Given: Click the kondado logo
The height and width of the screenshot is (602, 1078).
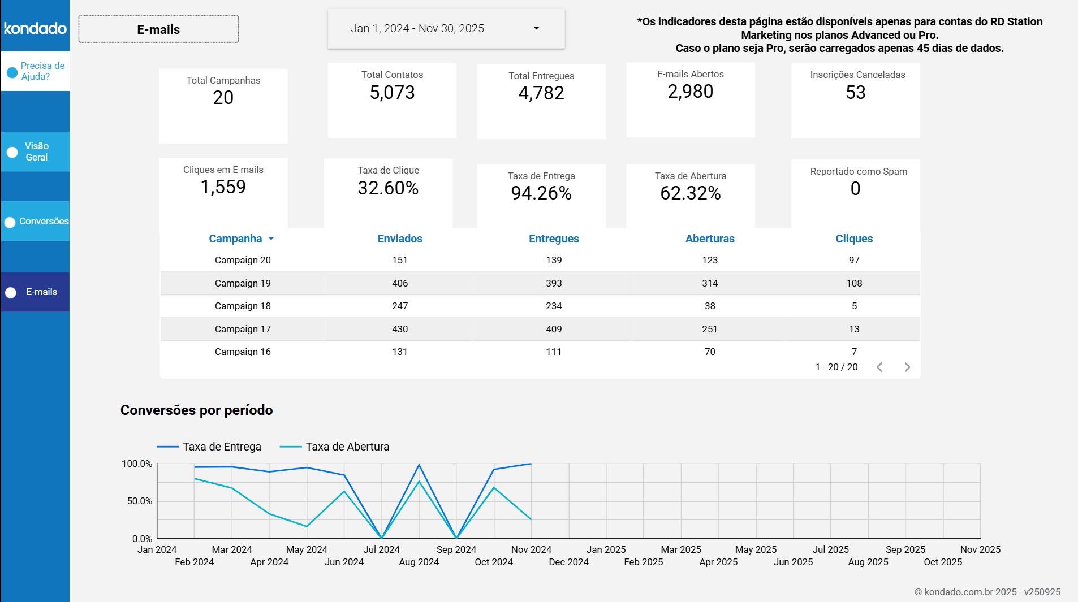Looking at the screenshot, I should point(35,28).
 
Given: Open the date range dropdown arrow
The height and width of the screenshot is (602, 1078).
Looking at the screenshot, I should point(536,28).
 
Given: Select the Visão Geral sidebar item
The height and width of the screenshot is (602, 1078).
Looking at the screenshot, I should point(36,151).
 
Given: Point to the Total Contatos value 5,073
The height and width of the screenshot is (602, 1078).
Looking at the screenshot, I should point(392,92).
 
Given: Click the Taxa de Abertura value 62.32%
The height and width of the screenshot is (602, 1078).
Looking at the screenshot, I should point(690,193).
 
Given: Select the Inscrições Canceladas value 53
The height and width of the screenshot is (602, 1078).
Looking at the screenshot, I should point(855,92).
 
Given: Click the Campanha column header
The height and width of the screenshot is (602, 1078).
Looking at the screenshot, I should point(235,239).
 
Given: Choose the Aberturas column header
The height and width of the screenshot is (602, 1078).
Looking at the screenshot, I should point(710,239).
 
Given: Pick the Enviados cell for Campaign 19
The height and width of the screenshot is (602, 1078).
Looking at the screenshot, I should point(400,283).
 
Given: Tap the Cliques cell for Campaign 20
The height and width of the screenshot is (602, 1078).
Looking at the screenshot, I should point(854,260).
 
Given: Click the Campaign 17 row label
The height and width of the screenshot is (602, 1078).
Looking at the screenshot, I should point(243,329).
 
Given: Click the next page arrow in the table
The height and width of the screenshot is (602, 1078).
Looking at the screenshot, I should point(907,367).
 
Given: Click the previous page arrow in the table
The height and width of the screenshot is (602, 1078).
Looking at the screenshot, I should point(879,367).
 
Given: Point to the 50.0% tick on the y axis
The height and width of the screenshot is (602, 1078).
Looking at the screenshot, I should point(139,501).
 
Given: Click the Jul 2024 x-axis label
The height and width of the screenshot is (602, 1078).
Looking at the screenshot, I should point(381,549).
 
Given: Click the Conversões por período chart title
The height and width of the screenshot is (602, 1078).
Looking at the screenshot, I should point(196,410).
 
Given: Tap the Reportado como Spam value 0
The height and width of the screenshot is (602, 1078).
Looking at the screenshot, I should point(855,189).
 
